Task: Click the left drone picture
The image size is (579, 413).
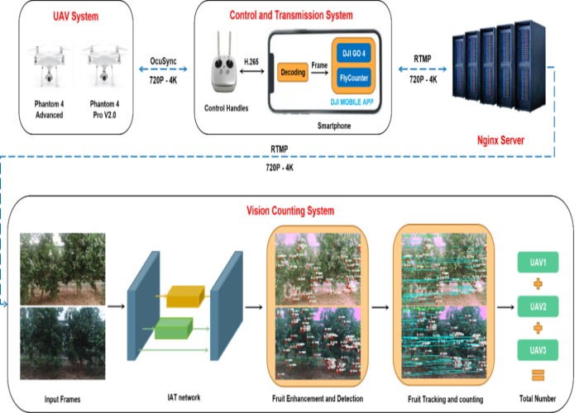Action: (x=49, y=64)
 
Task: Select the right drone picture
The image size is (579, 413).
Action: (x=104, y=64)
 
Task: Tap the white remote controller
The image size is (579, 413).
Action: (x=223, y=63)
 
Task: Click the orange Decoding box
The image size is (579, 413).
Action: (x=293, y=73)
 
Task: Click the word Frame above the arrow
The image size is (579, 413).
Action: (x=320, y=63)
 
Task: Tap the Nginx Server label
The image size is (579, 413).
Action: (x=501, y=140)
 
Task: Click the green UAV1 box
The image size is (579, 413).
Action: (x=538, y=263)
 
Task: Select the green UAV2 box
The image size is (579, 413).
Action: (x=538, y=306)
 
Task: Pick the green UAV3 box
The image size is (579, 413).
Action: (x=538, y=350)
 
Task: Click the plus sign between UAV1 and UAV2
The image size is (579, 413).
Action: (x=538, y=284)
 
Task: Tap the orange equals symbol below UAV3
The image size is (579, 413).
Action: (x=538, y=377)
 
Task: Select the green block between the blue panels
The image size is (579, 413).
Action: (x=173, y=328)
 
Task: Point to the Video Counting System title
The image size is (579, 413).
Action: (x=290, y=211)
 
